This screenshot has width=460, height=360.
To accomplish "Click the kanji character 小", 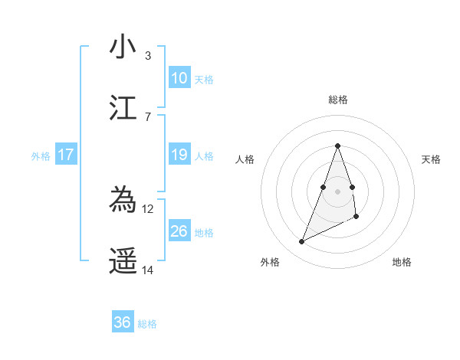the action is (123, 47).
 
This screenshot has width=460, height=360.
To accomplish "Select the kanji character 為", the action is (123, 201).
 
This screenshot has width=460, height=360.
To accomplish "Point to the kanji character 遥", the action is (123, 261).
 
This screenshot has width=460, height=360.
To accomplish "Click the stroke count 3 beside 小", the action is (147, 55).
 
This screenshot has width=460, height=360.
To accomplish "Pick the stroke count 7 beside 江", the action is (147, 116).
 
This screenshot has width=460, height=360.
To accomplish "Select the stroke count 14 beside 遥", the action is (148, 270).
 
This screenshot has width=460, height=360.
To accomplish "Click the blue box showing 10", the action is (179, 77).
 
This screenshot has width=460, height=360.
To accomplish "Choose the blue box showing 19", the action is (179, 155).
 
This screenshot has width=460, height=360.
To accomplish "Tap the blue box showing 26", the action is (179, 231).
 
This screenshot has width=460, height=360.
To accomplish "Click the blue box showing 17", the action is (66, 155).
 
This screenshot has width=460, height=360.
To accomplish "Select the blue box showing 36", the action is (123, 322).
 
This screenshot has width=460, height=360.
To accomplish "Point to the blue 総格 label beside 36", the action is (147, 324).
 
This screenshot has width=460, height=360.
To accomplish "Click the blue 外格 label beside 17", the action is (41, 156).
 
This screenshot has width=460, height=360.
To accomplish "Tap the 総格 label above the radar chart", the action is (337, 100).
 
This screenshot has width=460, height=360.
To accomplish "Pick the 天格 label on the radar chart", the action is (431, 159).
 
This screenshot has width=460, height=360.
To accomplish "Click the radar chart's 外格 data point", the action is (301, 242).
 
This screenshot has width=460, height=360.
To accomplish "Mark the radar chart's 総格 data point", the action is (337, 146).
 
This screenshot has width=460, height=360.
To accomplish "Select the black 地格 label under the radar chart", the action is (402, 262).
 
